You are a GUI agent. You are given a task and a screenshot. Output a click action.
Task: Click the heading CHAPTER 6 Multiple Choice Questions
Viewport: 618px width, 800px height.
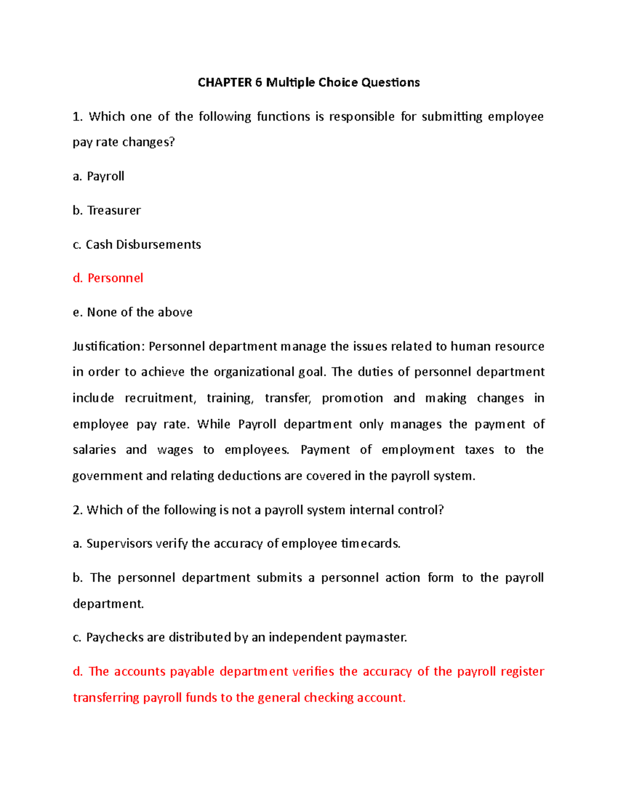(308, 82)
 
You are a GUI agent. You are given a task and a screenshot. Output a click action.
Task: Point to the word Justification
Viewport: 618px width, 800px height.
(106, 346)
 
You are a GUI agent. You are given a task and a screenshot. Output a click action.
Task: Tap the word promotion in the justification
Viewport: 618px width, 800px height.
(352, 398)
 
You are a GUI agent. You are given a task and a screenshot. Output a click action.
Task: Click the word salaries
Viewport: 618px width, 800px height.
(94, 450)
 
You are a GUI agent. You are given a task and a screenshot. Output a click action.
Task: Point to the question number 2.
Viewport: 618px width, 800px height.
(77, 510)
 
